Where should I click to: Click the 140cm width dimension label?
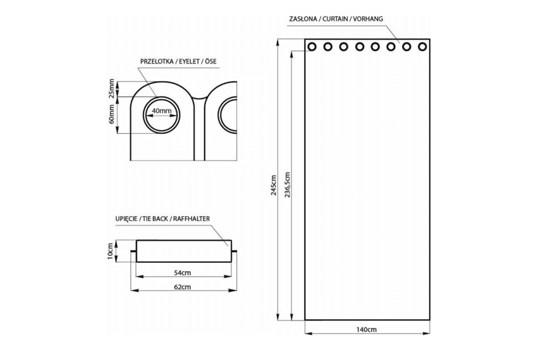point(367,329)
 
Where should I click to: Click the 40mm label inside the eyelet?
point(162,111)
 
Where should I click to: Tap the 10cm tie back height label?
point(110,252)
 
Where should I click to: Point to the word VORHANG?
point(368,19)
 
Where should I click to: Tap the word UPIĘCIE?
point(127,219)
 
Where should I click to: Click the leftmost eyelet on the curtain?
point(312,46)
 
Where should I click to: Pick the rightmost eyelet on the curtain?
point(422,46)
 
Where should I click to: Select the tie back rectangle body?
point(184,251)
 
